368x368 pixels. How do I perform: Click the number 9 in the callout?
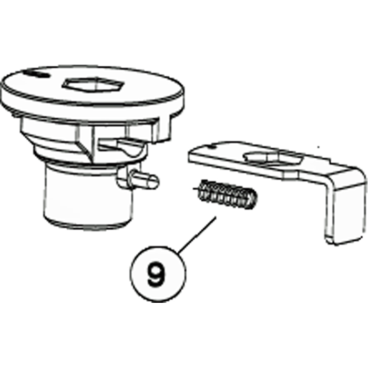click(156, 274)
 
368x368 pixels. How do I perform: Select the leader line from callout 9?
click(197, 235)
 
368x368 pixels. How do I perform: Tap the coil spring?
click(227, 194)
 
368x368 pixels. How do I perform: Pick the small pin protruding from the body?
click(143, 179)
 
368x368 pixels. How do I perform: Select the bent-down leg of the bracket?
click(345, 207)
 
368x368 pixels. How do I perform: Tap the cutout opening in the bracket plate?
click(273, 157)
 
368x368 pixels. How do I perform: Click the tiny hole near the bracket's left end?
click(212, 147)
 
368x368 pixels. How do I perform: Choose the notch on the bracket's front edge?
click(291, 175)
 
